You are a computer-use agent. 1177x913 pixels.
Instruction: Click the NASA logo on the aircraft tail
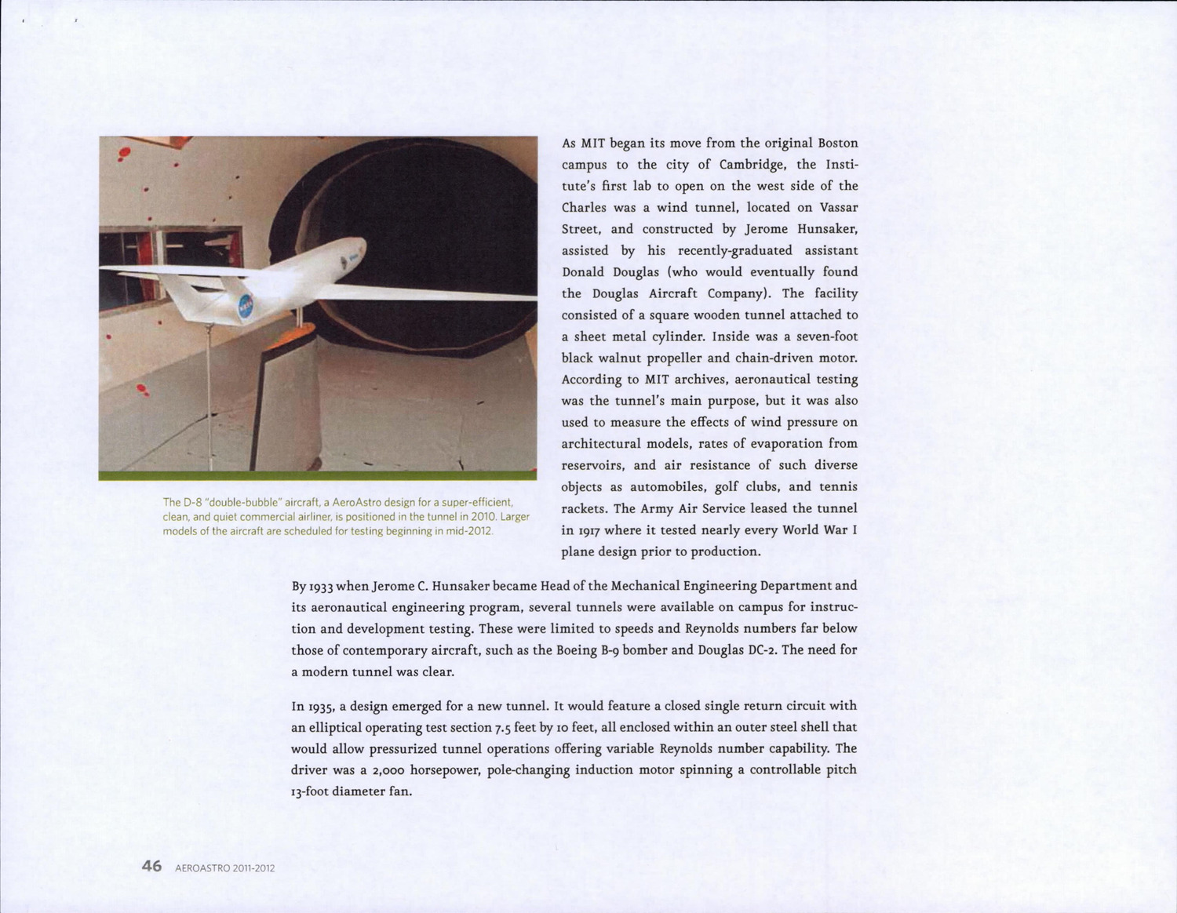pyautogui.click(x=246, y=304)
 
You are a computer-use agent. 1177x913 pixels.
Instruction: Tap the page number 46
pyautogui.click(x=151, y=866)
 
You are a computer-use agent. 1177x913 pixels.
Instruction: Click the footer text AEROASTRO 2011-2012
pyautogui.click(x=225, y=868)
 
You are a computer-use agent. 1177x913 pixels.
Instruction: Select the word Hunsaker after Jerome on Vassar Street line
pyautogui.click(x=827, y=229)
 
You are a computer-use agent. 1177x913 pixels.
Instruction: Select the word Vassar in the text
pyautogui.click(x=838, y=208)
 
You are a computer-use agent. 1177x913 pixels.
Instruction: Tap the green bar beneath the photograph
pyautogui.click(x=317, y=475)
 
